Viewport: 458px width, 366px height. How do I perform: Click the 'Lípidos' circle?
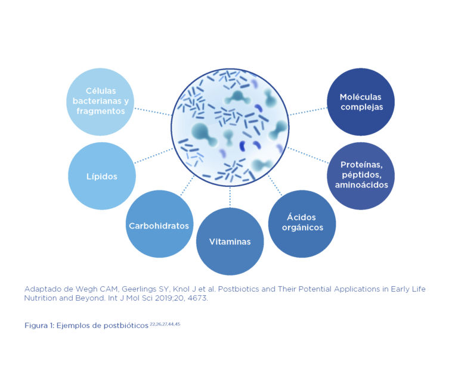pyautogui.click(x=102, y=176)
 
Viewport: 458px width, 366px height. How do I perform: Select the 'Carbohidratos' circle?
pyautogui.click(x=159, y=224)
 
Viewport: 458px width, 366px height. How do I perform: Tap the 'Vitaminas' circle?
pyautogui.click(x=230, y=241)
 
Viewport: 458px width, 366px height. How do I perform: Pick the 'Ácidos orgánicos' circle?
pyautogui.click(x=302, y=224)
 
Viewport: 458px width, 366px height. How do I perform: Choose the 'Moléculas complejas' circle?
pyautogui.click(x=361, y=102)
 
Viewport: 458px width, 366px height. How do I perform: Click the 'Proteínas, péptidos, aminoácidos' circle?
pyautogui.click(x=361, y=176)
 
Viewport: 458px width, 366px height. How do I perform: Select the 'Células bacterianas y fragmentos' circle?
pyautogui.click(x=100, y=102)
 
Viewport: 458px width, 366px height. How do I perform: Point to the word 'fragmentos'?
pyautogui.click(x=101, y=111)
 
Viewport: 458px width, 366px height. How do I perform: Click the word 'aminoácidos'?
pyautogui.click(x=361, y=184)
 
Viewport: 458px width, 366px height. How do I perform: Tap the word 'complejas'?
pyautogui.click(x=362, y=107)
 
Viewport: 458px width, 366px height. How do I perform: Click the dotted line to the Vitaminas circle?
pyautogui.click(x=230, y=197)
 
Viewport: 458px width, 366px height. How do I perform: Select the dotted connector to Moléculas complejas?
pyautogui.click(x=308, y=111)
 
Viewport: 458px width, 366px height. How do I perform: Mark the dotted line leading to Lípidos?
pyautogui.click(x=154, y=155)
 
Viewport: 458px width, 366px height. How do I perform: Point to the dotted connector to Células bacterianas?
pyautogui.click(x=153, y=112)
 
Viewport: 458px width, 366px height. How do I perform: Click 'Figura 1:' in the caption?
pyautogui.click(x=39, y=326)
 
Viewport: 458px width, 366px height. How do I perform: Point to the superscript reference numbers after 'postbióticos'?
pyautogui.click(x=165, y=324)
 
